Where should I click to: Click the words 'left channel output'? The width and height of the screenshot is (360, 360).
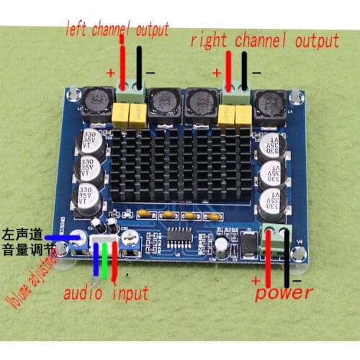point(117,30)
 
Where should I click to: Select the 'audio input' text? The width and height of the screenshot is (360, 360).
point(107,292)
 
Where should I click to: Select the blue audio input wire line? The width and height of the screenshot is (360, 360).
point(95,263)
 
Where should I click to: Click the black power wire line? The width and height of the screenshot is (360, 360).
point(289,259)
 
